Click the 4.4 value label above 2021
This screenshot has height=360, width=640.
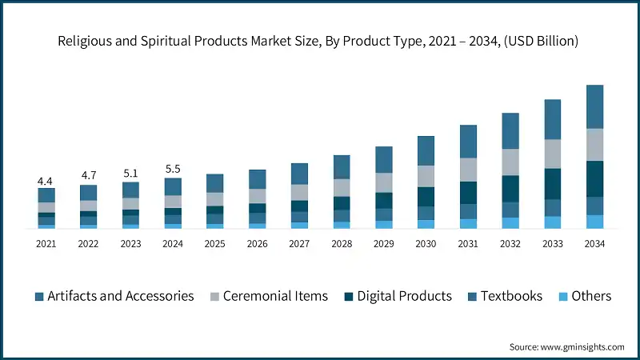(46, 180)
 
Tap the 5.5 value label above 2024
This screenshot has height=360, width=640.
(173, 170)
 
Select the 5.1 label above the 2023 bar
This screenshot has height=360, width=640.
(130, 173)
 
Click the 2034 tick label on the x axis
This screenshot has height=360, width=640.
(594, 243)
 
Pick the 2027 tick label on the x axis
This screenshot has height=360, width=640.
(299, 243)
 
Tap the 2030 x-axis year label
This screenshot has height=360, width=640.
(426, 243)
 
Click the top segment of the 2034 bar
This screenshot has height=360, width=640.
(594, 106)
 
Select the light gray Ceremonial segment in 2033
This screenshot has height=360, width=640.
(552, 154)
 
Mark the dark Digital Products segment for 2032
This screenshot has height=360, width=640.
(510, 188)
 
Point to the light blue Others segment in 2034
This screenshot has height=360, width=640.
(594, 222)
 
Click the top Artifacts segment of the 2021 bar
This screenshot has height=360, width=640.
(46, 194)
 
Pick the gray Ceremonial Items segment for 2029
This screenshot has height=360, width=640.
(384, 182)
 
